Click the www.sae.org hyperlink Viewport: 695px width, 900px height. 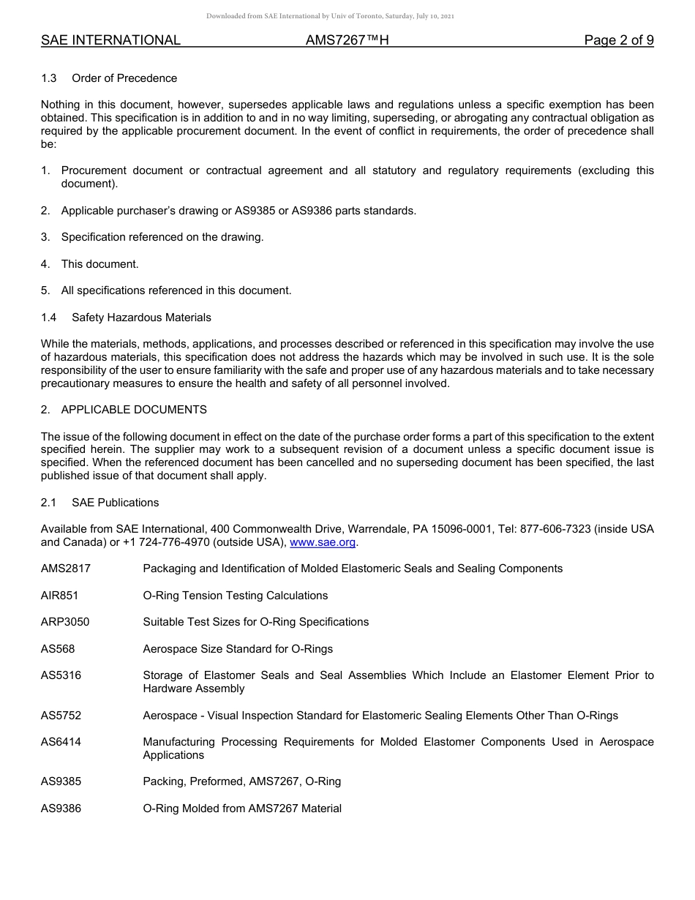click(x=323, y=542)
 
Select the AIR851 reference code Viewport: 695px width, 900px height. click(x=59, y=596)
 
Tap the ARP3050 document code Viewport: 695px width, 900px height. click(x=65, y=622)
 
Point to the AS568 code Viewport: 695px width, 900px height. click(x=58, y=649)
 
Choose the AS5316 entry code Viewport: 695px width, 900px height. click(x=61, y=675)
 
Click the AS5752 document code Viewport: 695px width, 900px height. click(x=61, y=716)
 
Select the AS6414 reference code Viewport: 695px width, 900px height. click(x=61, y=742)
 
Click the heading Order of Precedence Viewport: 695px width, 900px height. click(x=124, y=78)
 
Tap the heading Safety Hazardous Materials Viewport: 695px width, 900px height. click(x=141, y=318)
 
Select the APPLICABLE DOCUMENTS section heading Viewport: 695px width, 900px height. click(x=134, y=410)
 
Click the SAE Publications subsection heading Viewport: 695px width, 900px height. click(x=115, y=503)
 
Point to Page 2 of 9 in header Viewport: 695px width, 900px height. click(x=618, y=41)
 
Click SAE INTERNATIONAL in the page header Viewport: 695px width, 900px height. click(x=110, y=41)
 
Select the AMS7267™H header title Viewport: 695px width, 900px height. click(x=347, y=41)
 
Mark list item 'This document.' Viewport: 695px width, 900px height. click(x=99, y=264)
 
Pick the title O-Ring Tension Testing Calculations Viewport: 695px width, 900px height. click(x=235, y=596)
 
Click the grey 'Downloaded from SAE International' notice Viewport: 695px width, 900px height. click(x=330, y=16)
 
